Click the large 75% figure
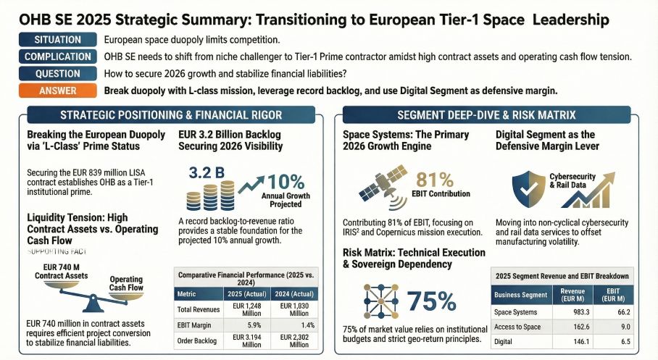point(432,301)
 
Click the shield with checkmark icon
point(531,188)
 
